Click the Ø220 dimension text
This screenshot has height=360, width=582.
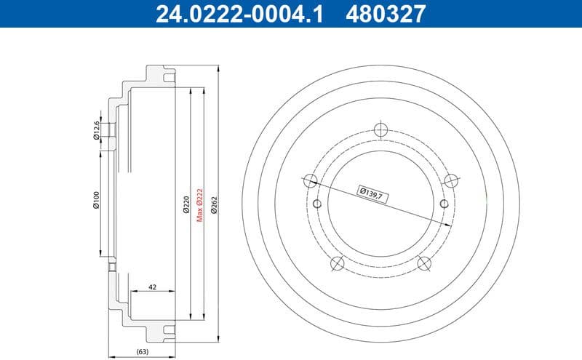(186, 204)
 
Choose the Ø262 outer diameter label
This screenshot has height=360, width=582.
(213, 204)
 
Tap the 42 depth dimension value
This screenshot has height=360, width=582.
(152, 287)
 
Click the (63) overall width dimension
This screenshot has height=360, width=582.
(143, 352)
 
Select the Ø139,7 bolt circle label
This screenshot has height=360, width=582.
(371, 193)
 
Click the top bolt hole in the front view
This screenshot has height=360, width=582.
(379, 129)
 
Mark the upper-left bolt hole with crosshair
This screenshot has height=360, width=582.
(310, 180)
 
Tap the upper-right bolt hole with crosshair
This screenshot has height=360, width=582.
(450, 180)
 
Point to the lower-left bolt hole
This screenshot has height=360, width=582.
(336, 263)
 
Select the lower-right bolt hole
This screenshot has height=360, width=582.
(423, 263)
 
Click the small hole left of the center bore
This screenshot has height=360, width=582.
(317, 204)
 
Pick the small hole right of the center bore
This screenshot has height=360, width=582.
(442, 204)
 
